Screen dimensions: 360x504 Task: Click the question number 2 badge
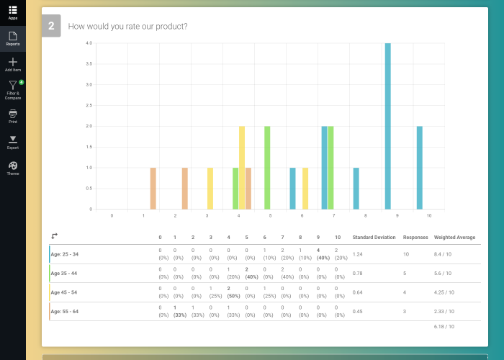(51, 27)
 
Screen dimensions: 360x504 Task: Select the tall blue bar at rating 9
(387, 126)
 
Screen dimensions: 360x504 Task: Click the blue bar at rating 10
(419, 167)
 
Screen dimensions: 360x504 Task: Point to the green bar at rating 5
(267, 167)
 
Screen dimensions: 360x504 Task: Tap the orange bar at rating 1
(153, 188)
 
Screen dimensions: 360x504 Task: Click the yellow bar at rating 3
(210, 188)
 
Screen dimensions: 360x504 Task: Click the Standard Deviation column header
(374, 237)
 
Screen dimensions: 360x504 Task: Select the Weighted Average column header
(454, 237)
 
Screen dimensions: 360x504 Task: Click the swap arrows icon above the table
(55, 235)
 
